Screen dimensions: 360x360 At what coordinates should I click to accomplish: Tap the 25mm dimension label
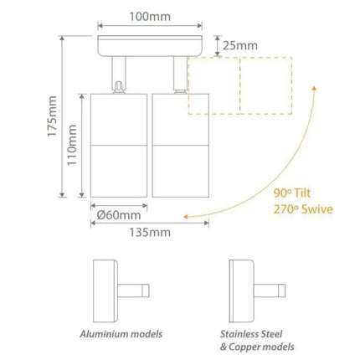click(241, 46)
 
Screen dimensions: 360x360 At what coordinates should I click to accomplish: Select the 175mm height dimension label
click(51, 118)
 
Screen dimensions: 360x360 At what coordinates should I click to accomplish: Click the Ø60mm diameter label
click(118, 214)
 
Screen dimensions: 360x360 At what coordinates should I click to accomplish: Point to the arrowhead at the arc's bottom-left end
click(191, 216)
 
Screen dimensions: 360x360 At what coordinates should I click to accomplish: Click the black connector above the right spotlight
click(177, 82)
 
